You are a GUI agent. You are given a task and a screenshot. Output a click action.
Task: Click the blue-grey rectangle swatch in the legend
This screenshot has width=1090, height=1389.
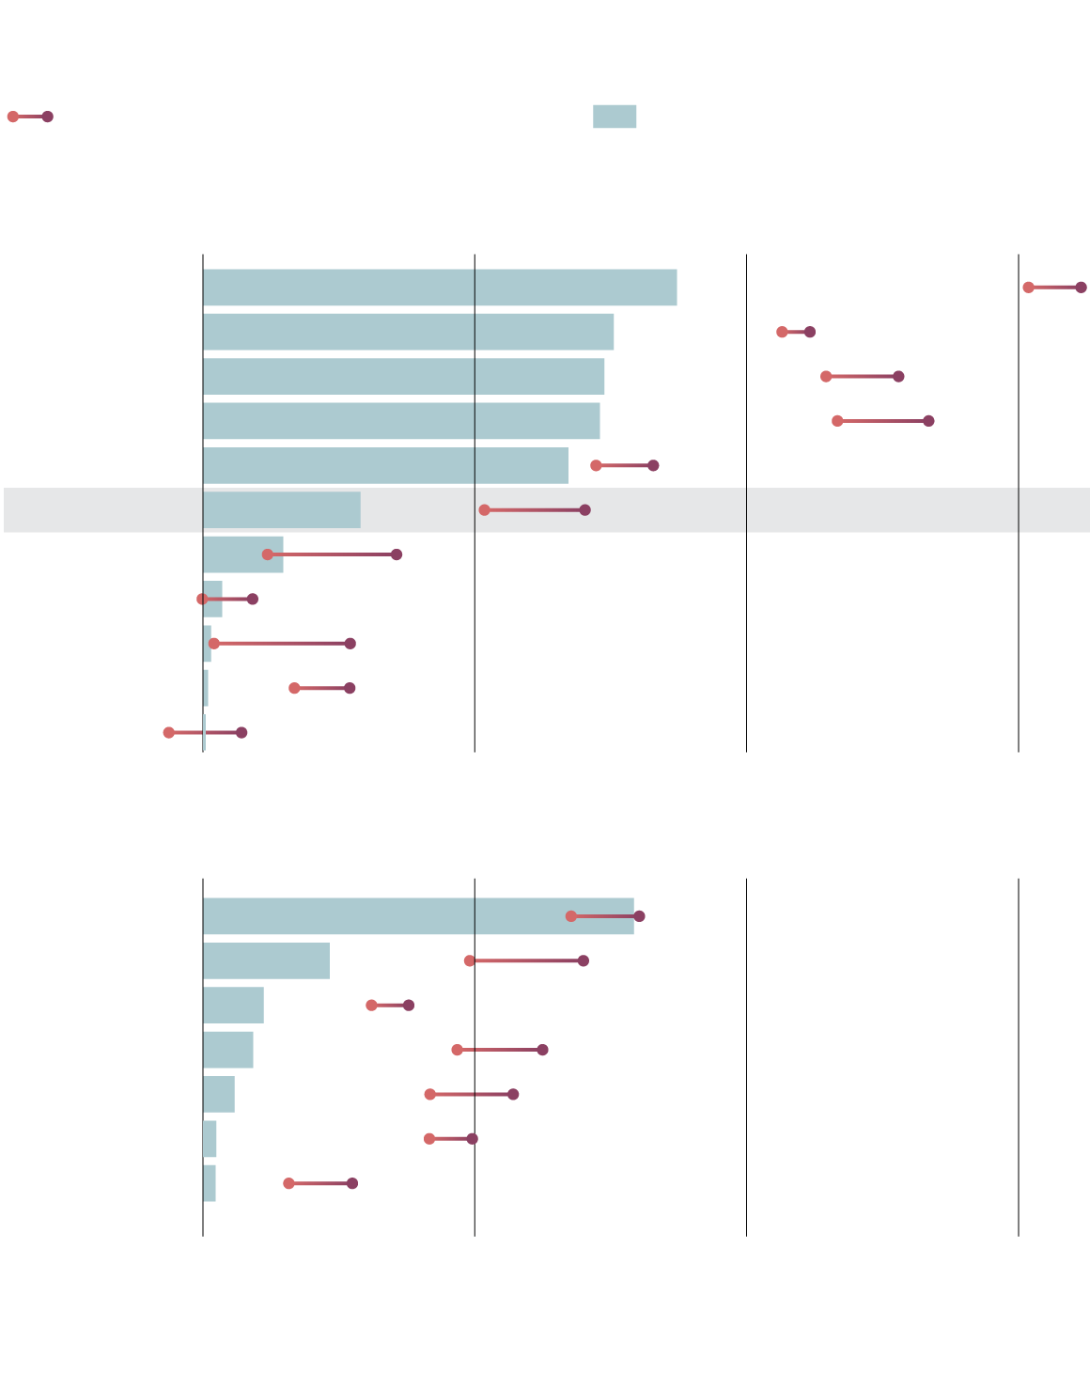[x=614, y=117]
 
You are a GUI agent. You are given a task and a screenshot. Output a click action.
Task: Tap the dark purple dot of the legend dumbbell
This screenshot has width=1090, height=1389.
[x=47, y=117]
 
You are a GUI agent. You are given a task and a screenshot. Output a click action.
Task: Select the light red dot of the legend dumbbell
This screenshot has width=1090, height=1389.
[x=13, y=117]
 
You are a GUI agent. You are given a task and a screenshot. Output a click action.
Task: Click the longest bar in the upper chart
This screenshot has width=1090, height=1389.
[x=439, y=288]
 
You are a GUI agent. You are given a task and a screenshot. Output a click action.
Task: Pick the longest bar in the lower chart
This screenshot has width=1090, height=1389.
[x=418, y=916]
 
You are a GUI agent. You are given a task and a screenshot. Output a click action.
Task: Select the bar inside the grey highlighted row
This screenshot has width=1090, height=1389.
[x=281, y=510]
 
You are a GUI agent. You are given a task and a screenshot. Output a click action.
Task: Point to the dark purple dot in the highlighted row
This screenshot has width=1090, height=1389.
[x=584, y=510]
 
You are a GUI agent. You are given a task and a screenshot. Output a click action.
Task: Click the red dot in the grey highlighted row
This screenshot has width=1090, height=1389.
[x=485, y=510]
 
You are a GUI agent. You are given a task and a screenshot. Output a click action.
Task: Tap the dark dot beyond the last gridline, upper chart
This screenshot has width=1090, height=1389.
[x=1081, y=288]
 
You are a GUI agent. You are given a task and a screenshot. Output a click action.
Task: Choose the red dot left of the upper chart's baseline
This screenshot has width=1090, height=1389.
[x=169, y=733]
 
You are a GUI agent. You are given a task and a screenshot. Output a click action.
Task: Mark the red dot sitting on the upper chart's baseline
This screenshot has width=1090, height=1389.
[x=203, y=599]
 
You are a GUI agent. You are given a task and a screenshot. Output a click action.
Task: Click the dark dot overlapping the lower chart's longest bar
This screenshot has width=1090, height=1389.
[x=639, y=916]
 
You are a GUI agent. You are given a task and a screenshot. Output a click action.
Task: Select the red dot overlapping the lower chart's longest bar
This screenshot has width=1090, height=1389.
[x=571, y=916]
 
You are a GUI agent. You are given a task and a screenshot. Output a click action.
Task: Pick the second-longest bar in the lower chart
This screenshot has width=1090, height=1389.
[x=266, y=960]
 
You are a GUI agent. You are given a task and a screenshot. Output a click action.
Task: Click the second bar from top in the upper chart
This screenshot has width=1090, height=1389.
[x=408, y=332]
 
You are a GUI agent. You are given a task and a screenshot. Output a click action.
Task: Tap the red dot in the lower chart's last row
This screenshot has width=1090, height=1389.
[x=288, y=1183]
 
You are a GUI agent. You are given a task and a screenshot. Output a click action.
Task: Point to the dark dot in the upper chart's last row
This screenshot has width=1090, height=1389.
[x=241, y=733]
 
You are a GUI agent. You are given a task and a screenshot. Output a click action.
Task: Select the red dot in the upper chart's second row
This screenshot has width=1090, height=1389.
[x=782, y=332]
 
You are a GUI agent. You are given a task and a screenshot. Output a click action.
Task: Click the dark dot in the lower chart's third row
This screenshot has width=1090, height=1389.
[x=409, y=1006]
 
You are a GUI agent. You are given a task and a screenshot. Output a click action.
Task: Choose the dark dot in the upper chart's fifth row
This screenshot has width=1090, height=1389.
[x=653, y=465]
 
